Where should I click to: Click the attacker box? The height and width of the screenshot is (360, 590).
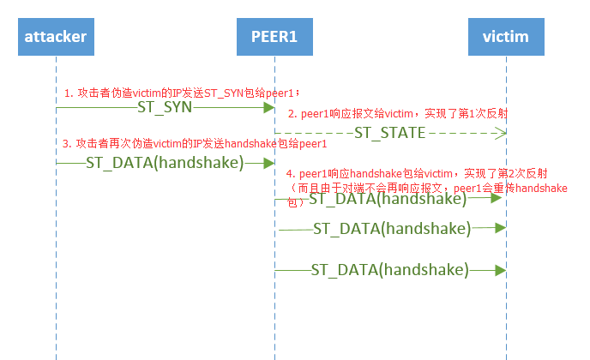pos(56,37)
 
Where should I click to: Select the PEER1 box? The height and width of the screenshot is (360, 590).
pos(274,37)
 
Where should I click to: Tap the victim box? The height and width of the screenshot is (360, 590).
pos(506,37)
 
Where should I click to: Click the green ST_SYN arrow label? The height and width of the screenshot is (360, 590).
pos(165,108)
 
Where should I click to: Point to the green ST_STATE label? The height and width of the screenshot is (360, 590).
pos(389,133)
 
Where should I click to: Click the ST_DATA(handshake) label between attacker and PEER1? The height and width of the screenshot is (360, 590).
pos(166,163)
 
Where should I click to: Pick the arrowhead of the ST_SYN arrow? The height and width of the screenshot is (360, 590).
pos(268,108)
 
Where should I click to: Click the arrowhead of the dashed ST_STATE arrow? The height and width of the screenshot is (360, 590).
pos(503,133)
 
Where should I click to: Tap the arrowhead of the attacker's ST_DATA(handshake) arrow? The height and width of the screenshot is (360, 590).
pos(268,163)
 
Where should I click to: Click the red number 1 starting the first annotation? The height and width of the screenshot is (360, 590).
pos(67,92)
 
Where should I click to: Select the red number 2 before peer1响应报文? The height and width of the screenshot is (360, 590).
pos(291,114)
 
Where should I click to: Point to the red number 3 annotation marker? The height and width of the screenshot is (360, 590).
pos(67,143)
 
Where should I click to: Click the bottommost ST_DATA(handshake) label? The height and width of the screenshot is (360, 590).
pos(389,270)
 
